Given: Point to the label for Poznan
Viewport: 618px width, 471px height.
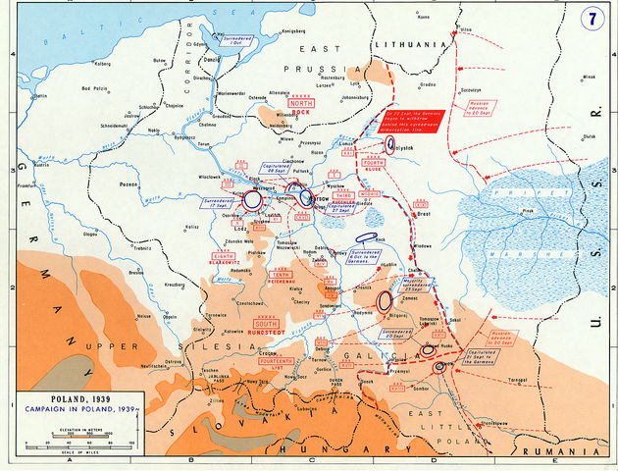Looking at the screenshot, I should click(x=128, y=183).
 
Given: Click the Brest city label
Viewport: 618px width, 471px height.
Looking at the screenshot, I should click(x=425, y=212).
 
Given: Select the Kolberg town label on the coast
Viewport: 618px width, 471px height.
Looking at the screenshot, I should click(x=75, y=66).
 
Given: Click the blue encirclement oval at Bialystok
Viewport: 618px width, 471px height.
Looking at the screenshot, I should click(x=390, y=145).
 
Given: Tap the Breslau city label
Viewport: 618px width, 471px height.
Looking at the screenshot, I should click(x=136, y=272).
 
